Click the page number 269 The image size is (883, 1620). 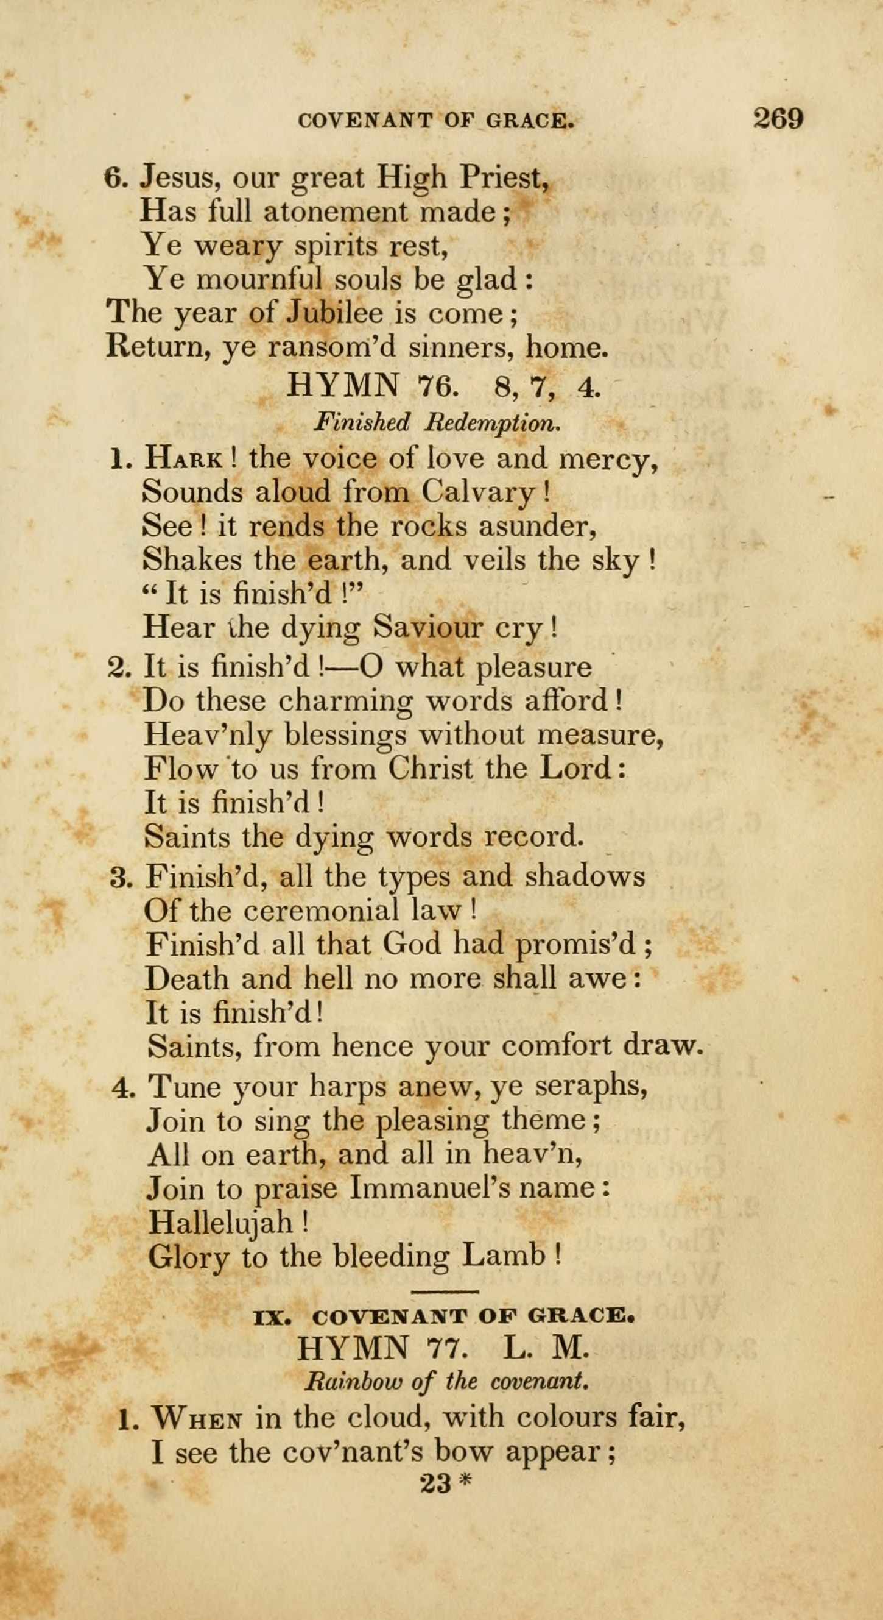(x=778, y=118)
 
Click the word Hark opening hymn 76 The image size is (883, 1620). (x=183, y=458)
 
